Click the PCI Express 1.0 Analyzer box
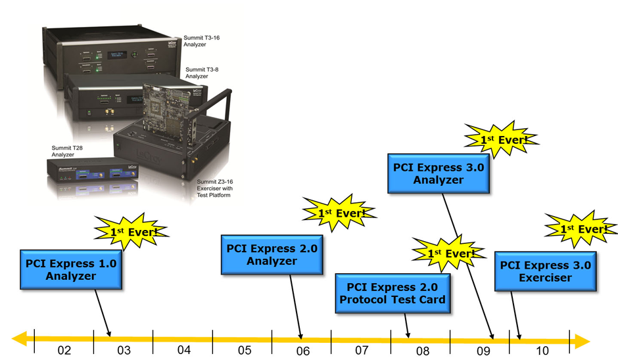pos(71,269)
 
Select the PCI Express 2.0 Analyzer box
pos(272,255)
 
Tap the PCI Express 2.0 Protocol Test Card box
pos(396,293)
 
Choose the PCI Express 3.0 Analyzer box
pos(439,173)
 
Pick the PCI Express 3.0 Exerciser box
pos(545,271)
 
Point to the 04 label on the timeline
pos(183,350)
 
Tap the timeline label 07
pos(362,350)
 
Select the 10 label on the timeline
pos(542,350)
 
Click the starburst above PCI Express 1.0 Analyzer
pos(131,232)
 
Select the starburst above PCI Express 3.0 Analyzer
pos(502,139)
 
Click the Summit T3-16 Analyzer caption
pos(202,41)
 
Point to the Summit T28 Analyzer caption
pos(67,153)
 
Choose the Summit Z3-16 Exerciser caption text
pos(213,188)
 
